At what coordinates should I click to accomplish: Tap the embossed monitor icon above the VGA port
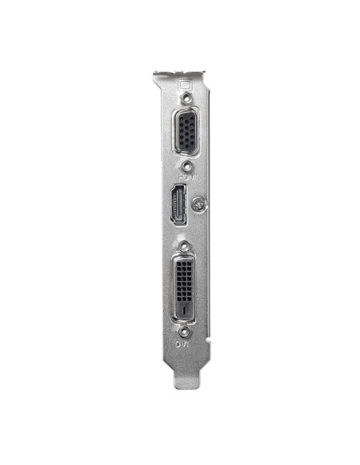point(186,84)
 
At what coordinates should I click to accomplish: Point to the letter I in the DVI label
point(187,345)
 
